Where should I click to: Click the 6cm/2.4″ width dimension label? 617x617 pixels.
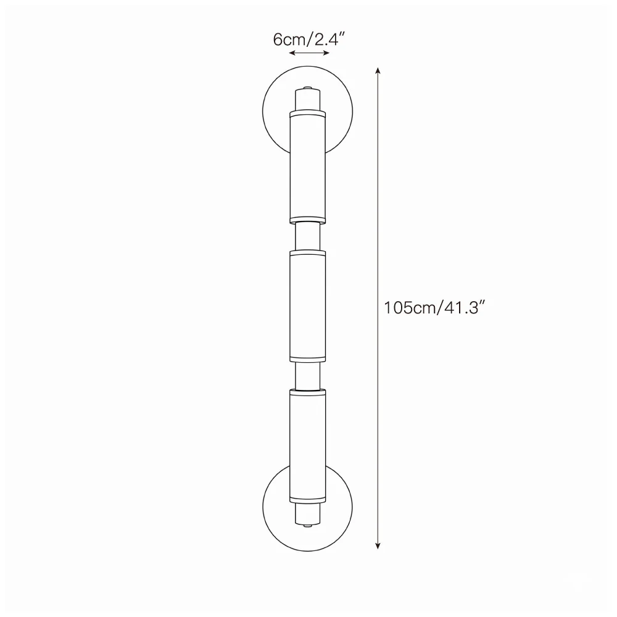point(309,39)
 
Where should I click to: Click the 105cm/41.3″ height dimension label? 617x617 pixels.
point(434,307)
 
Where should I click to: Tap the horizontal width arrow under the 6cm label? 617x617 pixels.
point(309,52)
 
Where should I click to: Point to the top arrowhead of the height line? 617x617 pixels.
point(378,71)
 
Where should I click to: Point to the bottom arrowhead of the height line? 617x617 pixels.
point(378,545)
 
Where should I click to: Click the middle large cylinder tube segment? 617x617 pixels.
point(308,306)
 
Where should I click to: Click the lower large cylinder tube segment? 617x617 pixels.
point(308,446)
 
